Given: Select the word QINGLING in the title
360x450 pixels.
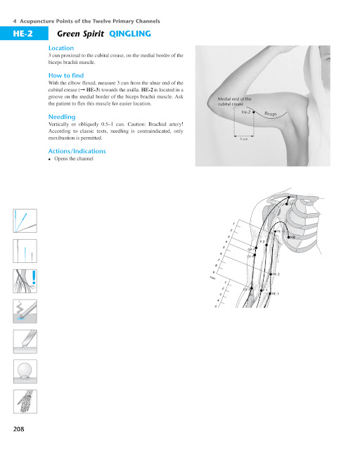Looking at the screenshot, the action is coord(131,33).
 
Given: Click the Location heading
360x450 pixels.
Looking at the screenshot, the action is coord(61,48).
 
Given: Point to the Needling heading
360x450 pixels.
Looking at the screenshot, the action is coord(62,116).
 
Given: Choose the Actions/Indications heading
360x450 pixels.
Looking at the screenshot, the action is coord(78,150).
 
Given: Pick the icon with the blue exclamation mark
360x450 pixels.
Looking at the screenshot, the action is coord(24,282).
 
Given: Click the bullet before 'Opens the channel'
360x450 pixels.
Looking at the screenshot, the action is coord(49,159).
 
